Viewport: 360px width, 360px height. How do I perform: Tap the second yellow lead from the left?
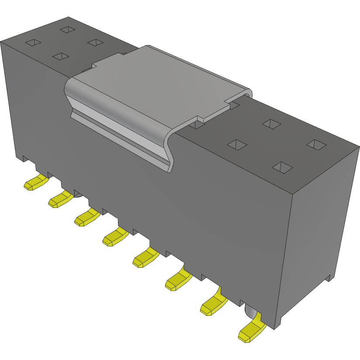(x=60, y=200)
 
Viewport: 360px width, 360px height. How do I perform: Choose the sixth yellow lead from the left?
(x=177, y=280)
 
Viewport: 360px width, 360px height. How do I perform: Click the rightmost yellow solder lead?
(x=251, y=331)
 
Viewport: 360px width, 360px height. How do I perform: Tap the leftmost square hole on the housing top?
(x=33, y=43)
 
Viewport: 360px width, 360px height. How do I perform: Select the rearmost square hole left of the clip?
(x=68, y=29)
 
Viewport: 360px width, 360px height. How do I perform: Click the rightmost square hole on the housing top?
(x=316, y=145)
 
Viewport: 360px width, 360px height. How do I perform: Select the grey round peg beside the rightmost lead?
(x=250, y=312)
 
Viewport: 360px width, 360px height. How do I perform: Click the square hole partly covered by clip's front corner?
(x=197, y=124)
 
